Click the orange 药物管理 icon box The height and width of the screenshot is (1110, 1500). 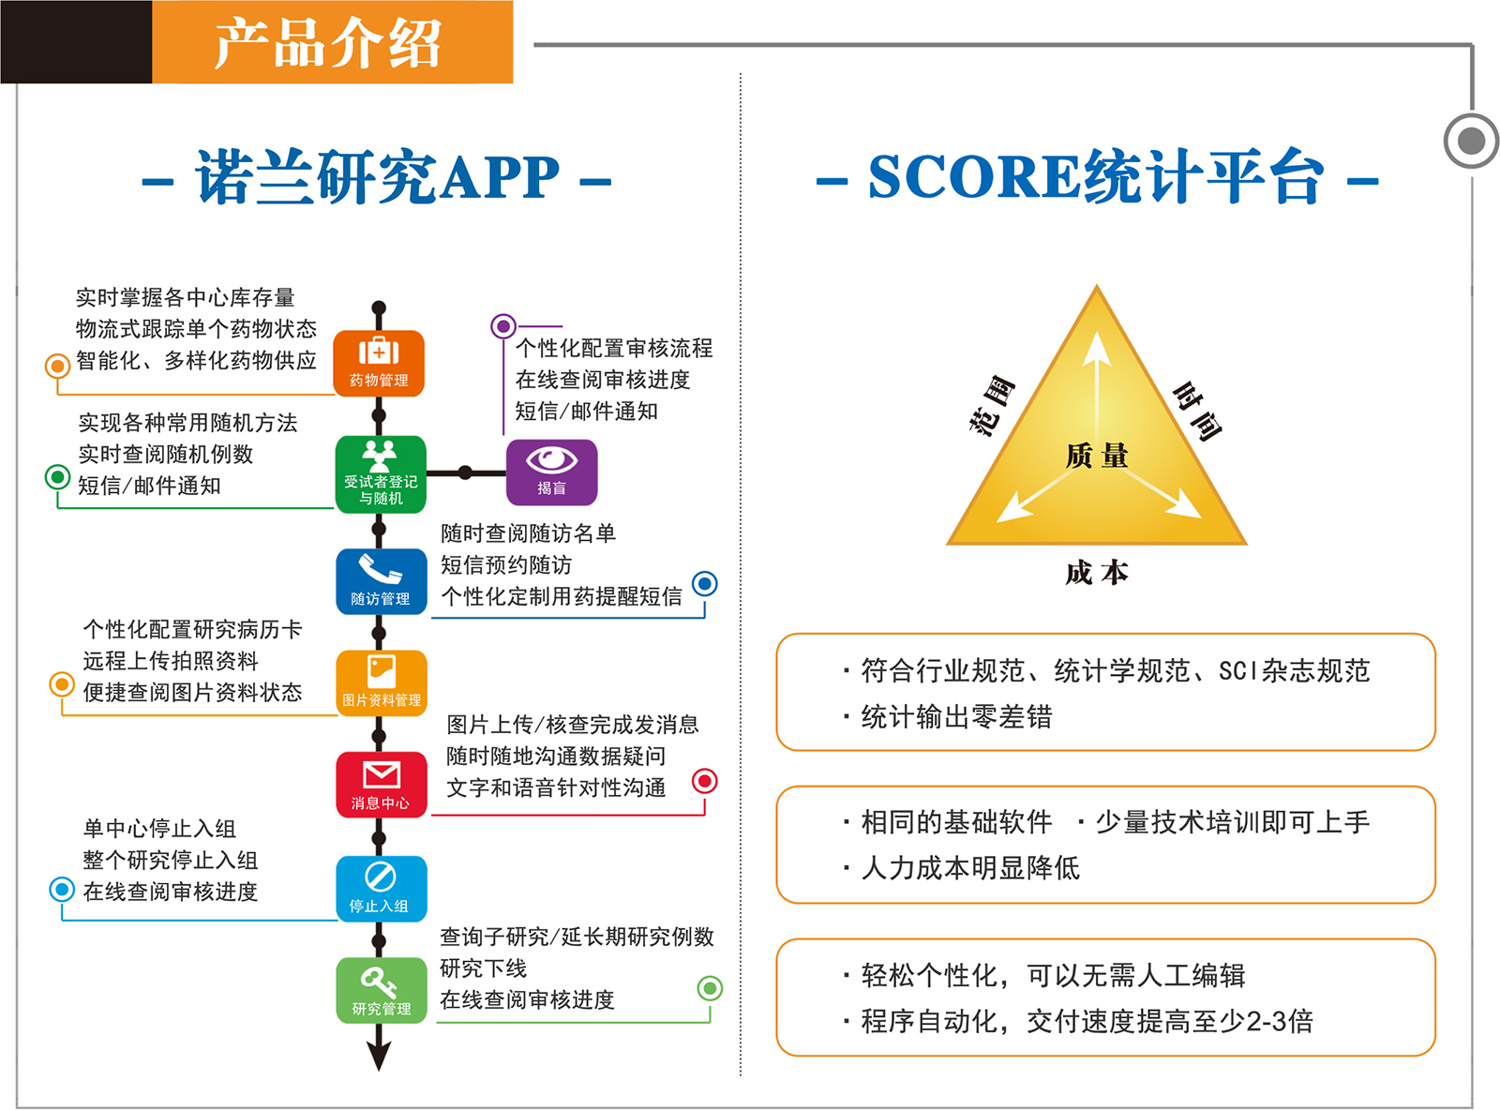[x=379, y=363]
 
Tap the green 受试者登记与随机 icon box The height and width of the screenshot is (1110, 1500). [x=381, y=473]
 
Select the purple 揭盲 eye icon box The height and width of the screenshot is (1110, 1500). [x=551, y=472]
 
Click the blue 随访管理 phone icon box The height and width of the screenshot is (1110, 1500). [x=382, y=581]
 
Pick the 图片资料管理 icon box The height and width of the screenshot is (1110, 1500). [x=382, y=682]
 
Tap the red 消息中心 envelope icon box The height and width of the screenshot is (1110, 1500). [x=382, y=784]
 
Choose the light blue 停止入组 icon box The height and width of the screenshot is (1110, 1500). [x=382, y=888]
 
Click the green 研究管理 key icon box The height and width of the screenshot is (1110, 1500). [x=382, y=990]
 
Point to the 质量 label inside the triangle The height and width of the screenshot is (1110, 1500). [x=1096, y=456]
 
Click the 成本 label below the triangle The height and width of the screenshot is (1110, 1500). [x=1096, y=572]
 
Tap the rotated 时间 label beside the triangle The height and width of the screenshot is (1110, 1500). [x=1196, y=412]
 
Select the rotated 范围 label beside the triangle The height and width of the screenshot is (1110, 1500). [x=992, y=404]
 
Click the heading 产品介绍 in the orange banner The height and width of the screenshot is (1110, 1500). [x=327, y=42]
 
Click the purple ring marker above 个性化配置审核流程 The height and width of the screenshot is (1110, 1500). [x=503, y=326]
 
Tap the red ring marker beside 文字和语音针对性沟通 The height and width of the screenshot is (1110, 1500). [x=705, y=781]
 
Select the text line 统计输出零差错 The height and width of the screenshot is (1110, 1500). [x=955, y=716]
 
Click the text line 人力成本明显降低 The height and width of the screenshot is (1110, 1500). [x=969, y=868]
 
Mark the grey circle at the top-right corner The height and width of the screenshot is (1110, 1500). [x=1472, y=142]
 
